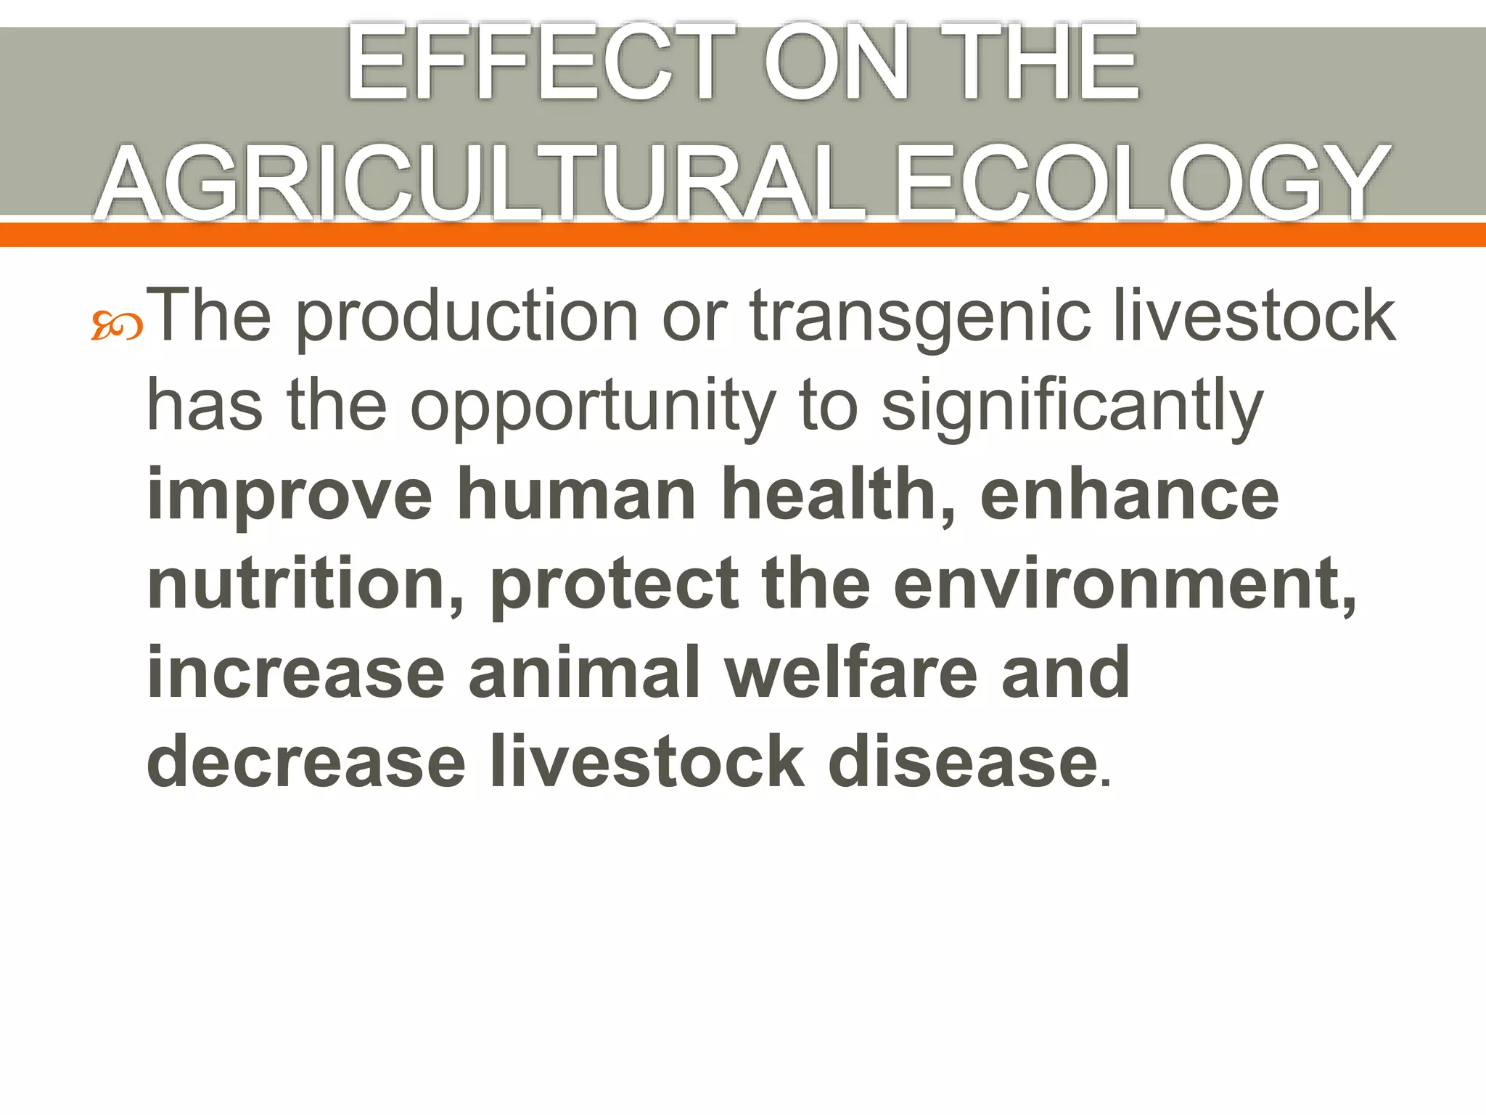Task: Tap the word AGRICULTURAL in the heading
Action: tap(481, 182)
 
